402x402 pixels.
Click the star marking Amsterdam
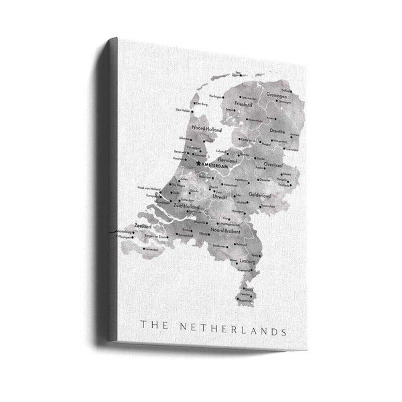tap(198, 163)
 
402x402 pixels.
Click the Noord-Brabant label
tap(225, 230)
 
